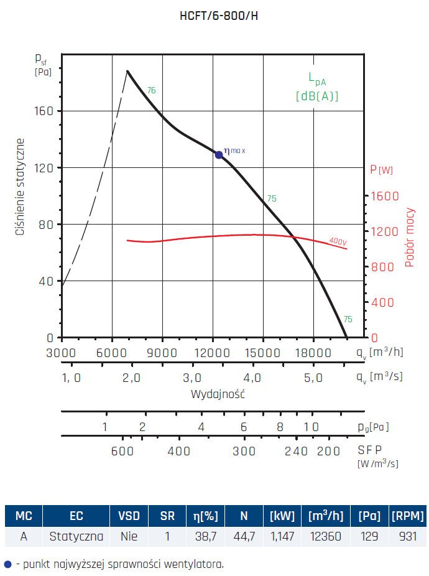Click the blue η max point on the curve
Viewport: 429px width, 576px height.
pyautogui.click(x=219, y=154)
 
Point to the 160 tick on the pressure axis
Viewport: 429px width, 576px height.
pyautogui.click(x=45, y=111)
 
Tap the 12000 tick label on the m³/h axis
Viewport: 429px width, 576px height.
pyautogui.click(x=212, y=352)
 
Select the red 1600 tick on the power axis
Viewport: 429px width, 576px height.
pyautogui.click(x=384, y=196)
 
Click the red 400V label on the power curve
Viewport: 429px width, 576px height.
pyautogui.click(x=338, y=241)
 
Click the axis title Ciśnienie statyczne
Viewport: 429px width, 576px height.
pyautogui.click(x=21, y=187)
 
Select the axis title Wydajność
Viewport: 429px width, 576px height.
pyautogui.click(x=217, y=394)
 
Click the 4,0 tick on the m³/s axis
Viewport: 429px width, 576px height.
pyautogui.click(x=252, y=378)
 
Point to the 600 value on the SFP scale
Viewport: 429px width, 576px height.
pyautogui.click(x=122, y=451)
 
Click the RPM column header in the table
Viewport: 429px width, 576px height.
pyautogui.click(x=408, y=516)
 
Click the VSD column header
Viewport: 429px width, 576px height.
pyautogui.click(x=129, y=516)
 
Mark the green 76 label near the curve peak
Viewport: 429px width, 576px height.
pyautogui.click(x=151, y=91)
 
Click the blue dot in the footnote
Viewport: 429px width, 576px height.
pyautogui.click(x=7, y=564)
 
